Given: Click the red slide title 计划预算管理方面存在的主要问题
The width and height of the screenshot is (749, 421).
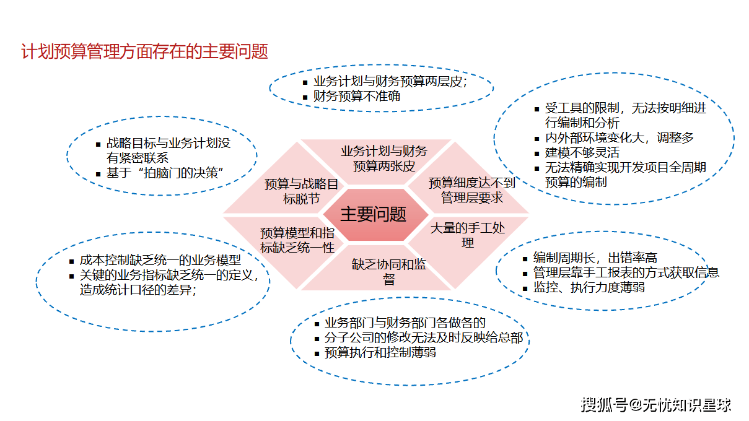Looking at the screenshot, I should tap(144, 51).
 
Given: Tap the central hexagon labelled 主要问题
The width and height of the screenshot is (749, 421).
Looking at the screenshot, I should tap(373, 214).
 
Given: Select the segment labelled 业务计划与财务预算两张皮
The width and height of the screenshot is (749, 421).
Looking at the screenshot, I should tap(383, 158).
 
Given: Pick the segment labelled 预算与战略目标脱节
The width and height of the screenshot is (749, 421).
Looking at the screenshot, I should tap(301, 191).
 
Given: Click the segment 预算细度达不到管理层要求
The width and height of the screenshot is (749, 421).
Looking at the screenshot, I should tap(471, 190).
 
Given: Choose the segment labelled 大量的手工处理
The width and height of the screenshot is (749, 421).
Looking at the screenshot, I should tap(467, 235).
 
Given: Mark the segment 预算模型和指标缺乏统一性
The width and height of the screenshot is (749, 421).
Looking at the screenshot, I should tap(297, 240).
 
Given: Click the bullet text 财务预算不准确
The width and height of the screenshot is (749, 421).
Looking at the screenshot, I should tap(356, 97).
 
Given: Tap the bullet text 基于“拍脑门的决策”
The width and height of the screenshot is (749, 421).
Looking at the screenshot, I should tap(164, 173).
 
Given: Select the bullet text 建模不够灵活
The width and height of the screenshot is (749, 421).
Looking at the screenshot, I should tap(582, 152).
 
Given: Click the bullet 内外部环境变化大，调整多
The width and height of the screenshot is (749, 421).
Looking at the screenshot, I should tap(619, 137).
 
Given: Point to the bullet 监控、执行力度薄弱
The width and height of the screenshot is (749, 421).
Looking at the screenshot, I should tap(589, 287).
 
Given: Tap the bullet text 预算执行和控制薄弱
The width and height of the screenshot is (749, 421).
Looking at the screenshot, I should tap(380, 353).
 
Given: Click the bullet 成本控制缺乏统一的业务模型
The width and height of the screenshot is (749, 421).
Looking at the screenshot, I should tap(160, 261).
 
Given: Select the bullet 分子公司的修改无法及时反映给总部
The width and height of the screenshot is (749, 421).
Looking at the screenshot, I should tap(423, 338).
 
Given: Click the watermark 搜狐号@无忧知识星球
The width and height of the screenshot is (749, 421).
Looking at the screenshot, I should tap(655, 406).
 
